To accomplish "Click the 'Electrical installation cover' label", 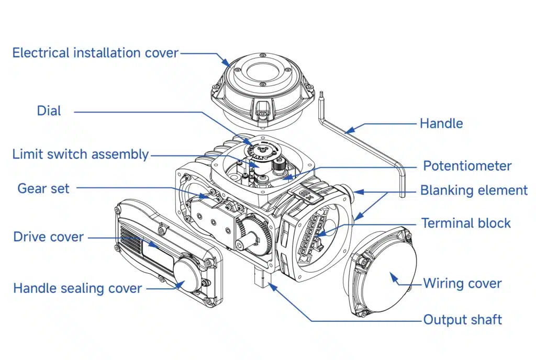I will coord(95,53).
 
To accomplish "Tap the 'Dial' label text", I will coord(49,111).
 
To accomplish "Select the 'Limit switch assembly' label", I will coord(81,154).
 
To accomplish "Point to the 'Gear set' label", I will coord(43,188).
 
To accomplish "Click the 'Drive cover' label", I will coord(48,237).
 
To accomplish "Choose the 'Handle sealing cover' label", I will coord(77,288).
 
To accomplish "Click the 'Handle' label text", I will coord(441,123).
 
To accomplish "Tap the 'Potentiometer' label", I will coord(467,166).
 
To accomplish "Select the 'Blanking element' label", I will coord(474,190).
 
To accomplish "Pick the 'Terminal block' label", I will coord(466,223).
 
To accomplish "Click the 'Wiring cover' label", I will coord(462,284).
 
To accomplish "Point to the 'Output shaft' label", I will coord(462,319).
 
